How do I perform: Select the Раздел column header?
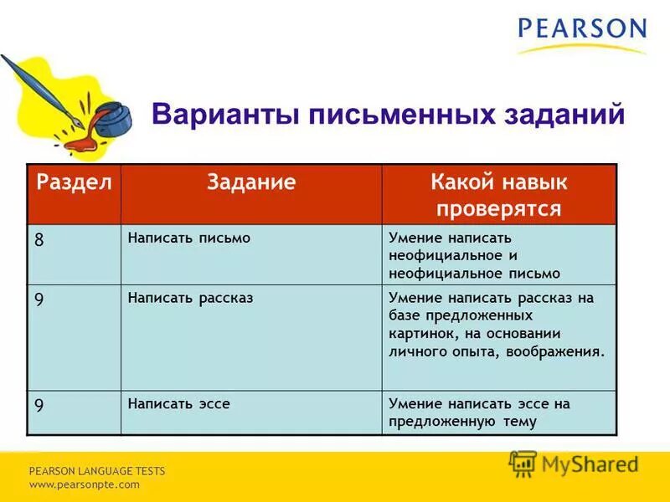74,183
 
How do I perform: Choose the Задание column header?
251,183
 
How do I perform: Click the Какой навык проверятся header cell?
498,195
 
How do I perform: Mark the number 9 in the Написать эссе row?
39,403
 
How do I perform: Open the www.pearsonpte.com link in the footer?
85,484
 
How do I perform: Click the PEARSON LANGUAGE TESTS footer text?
97,471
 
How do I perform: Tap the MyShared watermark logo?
574,463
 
